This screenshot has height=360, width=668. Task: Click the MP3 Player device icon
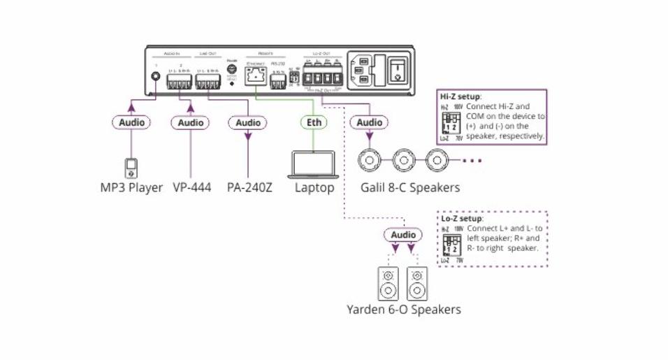(131, 168)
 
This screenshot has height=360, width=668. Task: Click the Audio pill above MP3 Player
(131, 123)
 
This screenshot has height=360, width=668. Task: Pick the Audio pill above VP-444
(189, 123)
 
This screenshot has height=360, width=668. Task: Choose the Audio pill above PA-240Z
(247, 123)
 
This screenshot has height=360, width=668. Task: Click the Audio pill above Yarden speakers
(403, 236)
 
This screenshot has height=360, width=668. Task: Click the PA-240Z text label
(250, 188)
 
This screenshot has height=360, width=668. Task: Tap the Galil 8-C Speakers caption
(410, 188)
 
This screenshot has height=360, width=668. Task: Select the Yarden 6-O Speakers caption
(404, 309)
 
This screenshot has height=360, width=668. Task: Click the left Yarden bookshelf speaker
(389, 282)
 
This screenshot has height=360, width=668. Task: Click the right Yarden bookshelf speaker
(417, 282)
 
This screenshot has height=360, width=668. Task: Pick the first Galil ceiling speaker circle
(369, 161)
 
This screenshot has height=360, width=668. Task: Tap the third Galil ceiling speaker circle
(437, 161)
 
